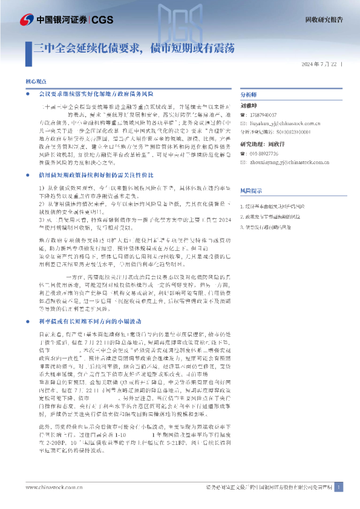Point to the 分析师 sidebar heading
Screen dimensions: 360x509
(x=249, y=96)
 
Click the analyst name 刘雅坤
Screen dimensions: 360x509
(x=249, y=105)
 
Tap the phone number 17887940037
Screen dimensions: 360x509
(x=263, y=114)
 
